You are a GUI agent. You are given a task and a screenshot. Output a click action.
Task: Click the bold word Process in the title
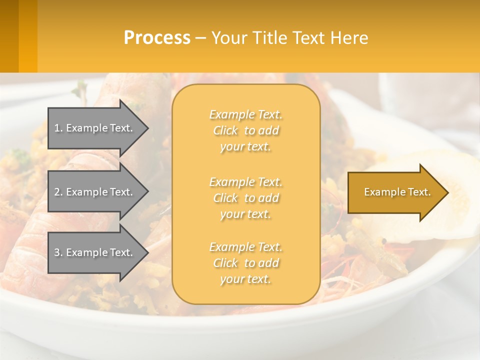157,38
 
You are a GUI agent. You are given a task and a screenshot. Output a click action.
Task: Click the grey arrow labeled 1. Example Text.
95,128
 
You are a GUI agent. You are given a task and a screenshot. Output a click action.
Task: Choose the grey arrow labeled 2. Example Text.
95,192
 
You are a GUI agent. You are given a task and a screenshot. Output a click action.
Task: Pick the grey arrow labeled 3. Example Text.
95,252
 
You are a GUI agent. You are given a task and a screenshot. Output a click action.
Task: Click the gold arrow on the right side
395,192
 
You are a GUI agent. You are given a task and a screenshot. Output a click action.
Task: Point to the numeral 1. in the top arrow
58,128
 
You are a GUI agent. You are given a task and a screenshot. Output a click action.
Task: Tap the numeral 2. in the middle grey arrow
58,192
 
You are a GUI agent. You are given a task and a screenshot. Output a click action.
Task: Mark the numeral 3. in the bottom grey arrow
58,252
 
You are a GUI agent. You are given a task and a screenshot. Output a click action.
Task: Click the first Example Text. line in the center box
245,114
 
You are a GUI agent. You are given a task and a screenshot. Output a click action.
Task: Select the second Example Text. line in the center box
245,181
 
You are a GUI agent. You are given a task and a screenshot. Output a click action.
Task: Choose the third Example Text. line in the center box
245,247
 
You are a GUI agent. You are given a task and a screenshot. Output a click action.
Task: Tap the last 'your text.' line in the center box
245,279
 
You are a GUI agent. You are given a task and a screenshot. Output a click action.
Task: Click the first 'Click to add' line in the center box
245,130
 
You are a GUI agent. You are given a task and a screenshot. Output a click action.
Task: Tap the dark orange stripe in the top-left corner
9,36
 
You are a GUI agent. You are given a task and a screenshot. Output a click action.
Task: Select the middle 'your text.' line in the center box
245,214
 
